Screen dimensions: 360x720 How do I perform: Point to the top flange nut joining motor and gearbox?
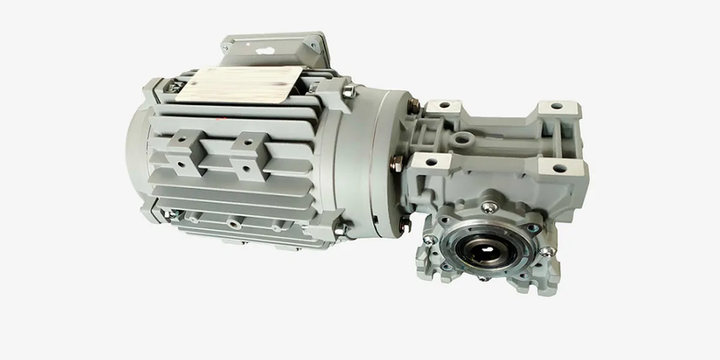click(x=413, y=106)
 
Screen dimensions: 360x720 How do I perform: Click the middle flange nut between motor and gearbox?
click(x=397, y=161)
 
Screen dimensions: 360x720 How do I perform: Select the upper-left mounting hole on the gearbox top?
click(x=445, y=105)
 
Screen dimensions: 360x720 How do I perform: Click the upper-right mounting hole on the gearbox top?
click(x=557, y=106)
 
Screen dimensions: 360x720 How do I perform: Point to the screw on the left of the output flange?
click(x=430, y=240)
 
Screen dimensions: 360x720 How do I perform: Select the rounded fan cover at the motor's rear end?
click(x=137, y=153)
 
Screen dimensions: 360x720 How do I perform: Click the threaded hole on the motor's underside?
click(x=230, y=223)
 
